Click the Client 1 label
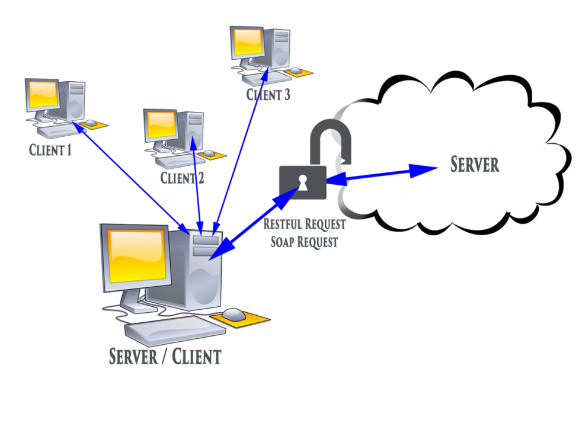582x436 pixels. [x=50, y=150]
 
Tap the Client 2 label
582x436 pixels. [x=182, y=177]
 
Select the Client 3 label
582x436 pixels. [x=268, y=94]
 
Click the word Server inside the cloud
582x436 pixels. [x=475, y=164]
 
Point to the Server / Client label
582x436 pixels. [x=165, y=356]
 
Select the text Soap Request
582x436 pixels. [x=304, y=241]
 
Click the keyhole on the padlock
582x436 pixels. [x=303, y=184]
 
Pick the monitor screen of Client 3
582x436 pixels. [x=248, y=42]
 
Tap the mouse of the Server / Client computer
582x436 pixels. [x=234, y=313]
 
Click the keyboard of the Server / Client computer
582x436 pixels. [x=168, y=330]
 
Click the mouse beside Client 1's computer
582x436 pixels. [x=91, y=123]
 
